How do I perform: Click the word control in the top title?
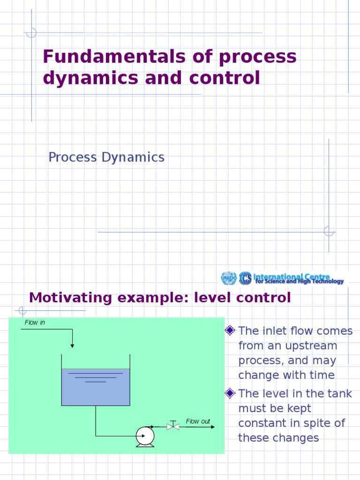227,78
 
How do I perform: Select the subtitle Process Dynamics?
106,157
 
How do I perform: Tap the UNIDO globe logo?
228,278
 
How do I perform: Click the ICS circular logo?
245,278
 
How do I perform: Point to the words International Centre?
292,277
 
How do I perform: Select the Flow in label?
35,322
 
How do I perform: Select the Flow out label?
198,421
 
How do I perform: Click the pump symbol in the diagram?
145,437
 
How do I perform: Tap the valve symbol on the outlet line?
173,426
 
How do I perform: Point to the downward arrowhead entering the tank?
72,345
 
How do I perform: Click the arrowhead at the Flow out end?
212,427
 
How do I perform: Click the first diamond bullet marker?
230,331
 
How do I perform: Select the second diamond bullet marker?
230,393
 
